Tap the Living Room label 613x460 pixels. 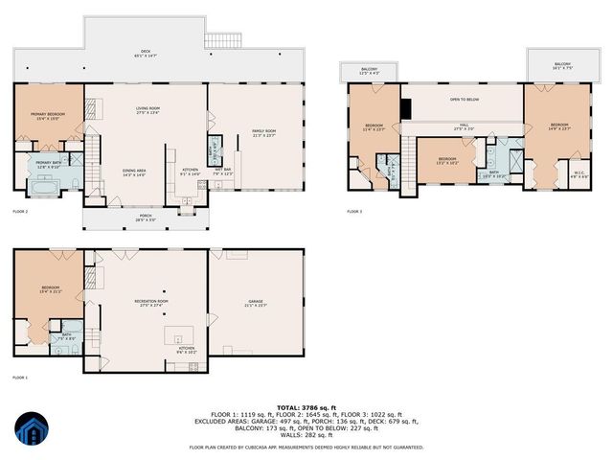[x=146, y=110]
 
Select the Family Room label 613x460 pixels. [x=263, y=132]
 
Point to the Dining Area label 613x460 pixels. [x=134, y=172]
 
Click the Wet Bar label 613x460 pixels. [x=222, y=171]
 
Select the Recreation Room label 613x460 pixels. [x=146, y=304]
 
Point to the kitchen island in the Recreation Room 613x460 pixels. [x=176, y=336]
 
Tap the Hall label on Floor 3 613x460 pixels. [x=463, y=126]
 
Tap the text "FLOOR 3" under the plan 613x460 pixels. [x=355, y=211]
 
